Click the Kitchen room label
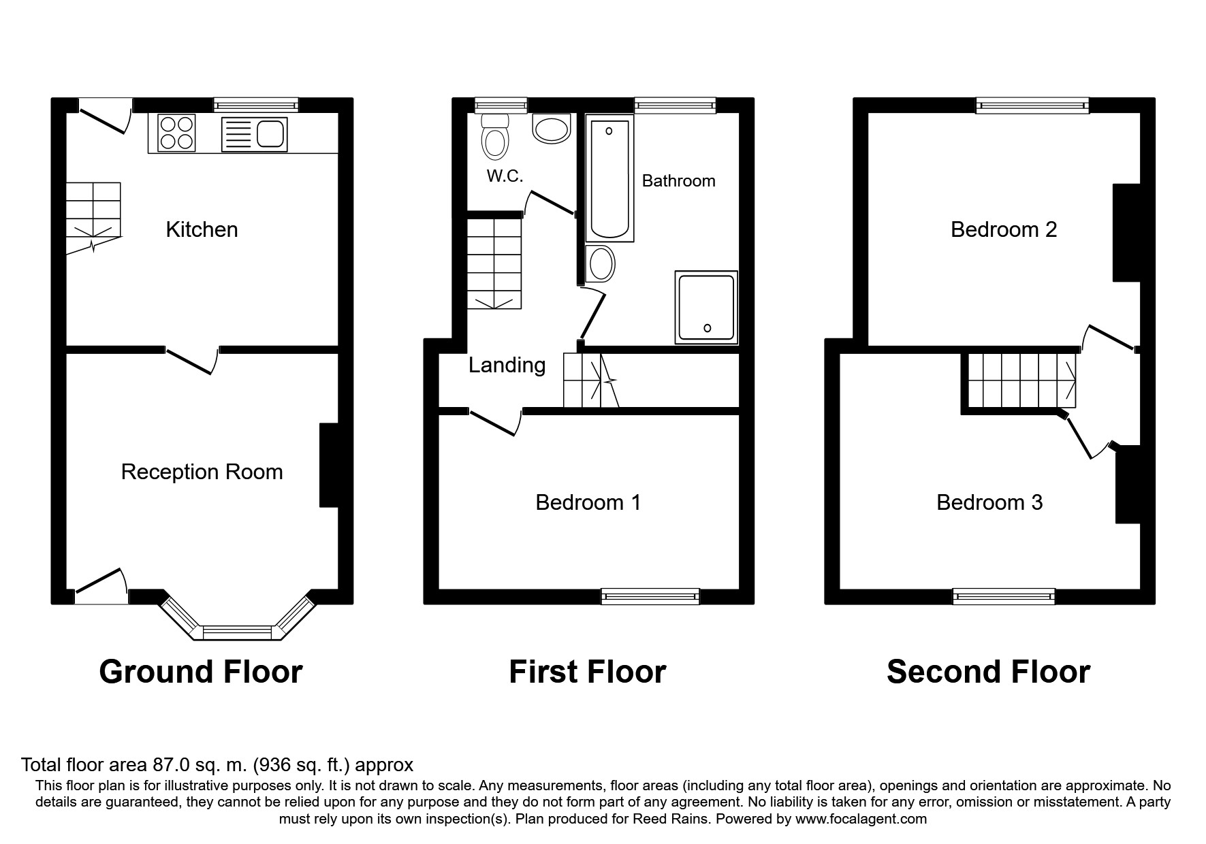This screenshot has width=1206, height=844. tap(202, 229)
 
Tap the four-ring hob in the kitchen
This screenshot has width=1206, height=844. tap(177, 132)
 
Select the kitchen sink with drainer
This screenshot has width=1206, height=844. tap(254, 134)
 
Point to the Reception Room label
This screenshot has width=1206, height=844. tap(202, 472)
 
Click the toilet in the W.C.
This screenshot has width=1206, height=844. tap(495, 135)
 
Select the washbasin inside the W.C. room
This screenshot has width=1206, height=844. tap(551, 128)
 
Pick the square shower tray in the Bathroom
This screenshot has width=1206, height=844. tap(706, 307)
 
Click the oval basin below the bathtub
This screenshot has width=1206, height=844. tap(601, 264)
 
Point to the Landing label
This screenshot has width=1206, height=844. tap(507, 366)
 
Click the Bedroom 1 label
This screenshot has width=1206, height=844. tap(588, 502)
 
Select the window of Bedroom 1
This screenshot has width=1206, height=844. tap(650, 597)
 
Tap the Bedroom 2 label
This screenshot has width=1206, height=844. tap(1004, 229)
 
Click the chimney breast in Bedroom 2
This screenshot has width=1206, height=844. tap(1126, 233)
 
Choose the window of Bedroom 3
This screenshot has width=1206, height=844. tap(1004, 597)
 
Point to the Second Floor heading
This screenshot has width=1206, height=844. tap(988, 672)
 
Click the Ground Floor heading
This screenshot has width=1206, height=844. tap(201, 672)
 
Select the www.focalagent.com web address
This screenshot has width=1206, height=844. tap(861, 819)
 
